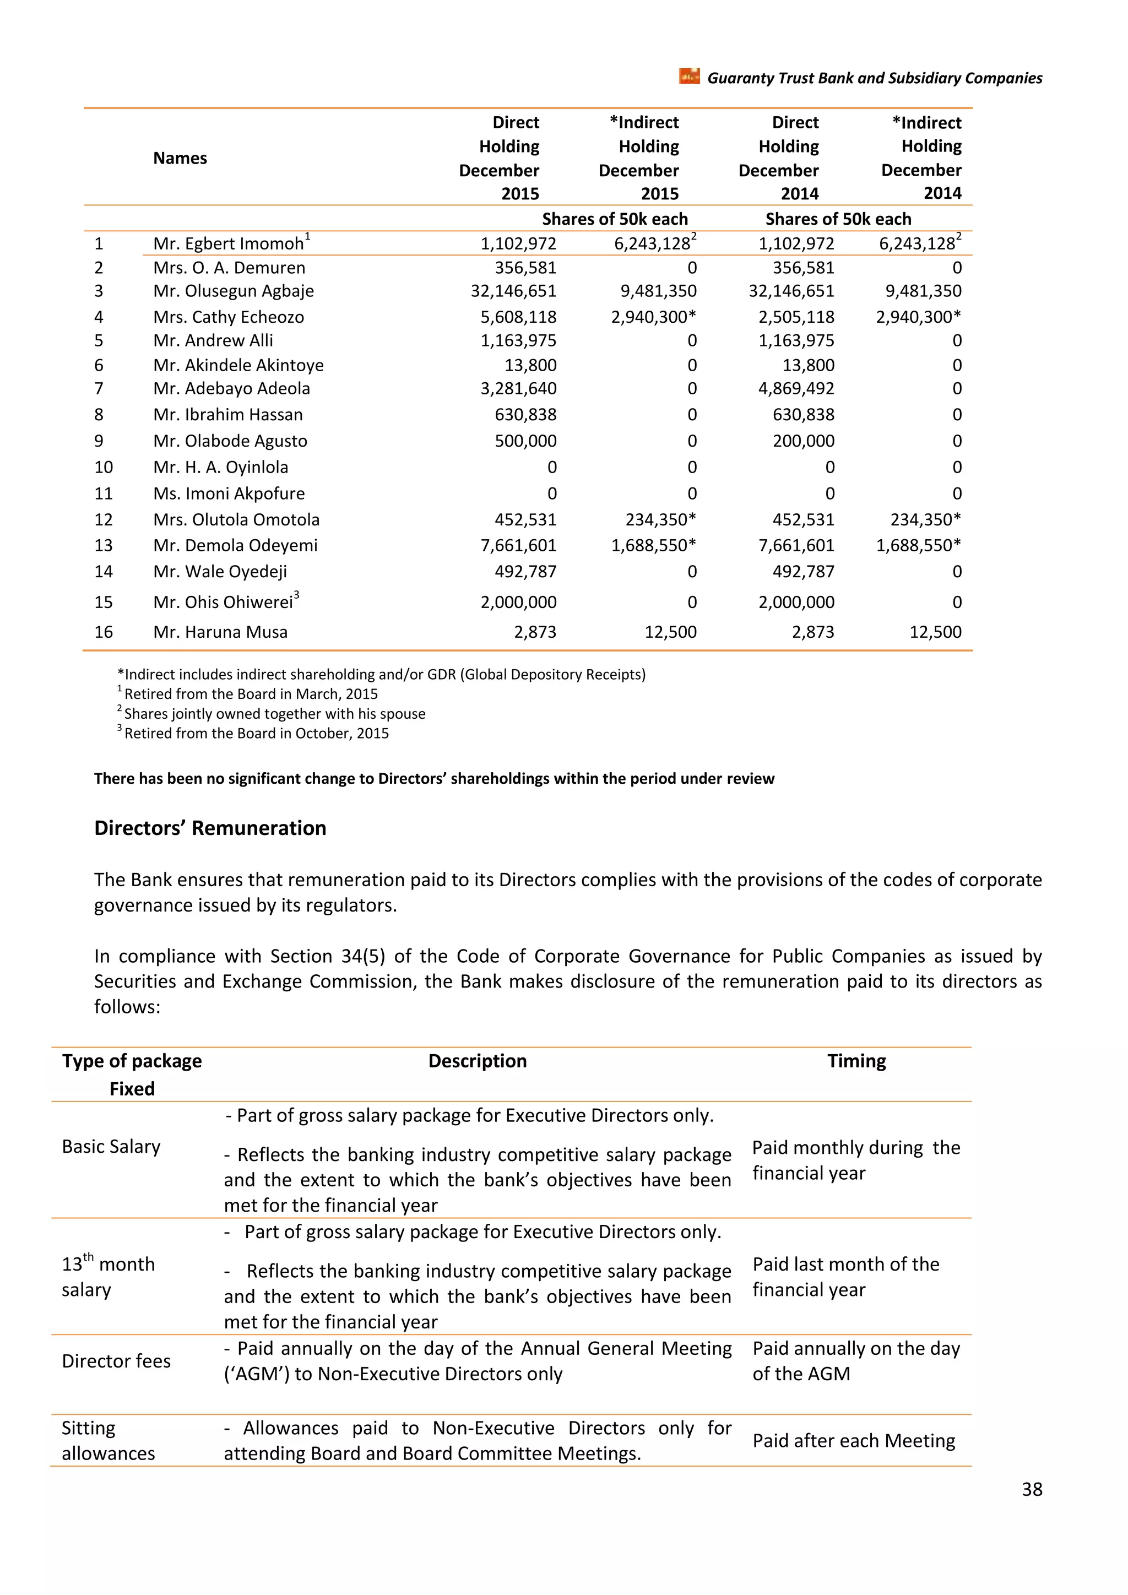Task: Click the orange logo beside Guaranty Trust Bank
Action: (x=689, y=77)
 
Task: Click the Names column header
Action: (x=180, y=159)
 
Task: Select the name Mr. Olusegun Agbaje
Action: (x=234, y=291)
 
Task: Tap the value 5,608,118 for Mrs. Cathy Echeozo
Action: (x=518, y=317)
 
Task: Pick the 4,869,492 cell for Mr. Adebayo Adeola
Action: (x=796, y=388)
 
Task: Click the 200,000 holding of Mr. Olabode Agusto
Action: (x=804, y=441)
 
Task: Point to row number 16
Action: (x=104, y=632)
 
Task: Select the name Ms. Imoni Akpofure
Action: (x=229, y=494)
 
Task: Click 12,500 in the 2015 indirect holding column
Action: (x=670, y=632)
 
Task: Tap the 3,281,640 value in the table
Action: (x=518, y=388)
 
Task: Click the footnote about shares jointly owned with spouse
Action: (x=274, y=713)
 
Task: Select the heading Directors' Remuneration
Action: (x=210, y=828)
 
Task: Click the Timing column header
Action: (x=856, y=1061)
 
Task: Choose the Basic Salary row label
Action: (x=111, y=1146)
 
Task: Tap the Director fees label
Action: (x=116, y=1361)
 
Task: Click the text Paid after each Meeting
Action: (x=854, y=1441)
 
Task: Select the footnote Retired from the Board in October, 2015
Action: (x=256, y=734)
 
